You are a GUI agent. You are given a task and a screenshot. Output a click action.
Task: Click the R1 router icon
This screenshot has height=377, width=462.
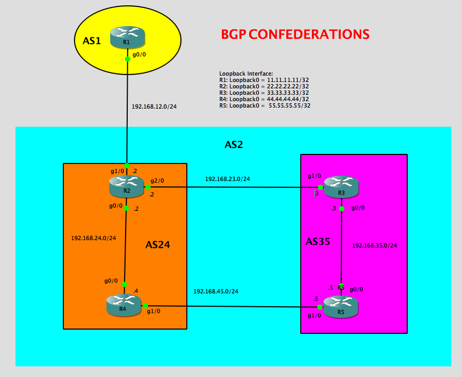click(x=127, y=37)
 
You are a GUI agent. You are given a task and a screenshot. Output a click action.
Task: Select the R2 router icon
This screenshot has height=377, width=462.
click(x=126, y=186)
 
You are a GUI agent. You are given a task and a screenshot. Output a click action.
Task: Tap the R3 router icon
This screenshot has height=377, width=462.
click(x=341, y=186)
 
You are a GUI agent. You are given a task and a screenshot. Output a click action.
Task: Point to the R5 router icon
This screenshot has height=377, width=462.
click(x=341, y=307)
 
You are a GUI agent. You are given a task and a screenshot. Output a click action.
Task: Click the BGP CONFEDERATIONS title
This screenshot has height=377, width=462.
click(x=295, y=35)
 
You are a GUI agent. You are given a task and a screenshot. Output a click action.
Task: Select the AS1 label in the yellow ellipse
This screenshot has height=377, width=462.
click(x=92, y=41)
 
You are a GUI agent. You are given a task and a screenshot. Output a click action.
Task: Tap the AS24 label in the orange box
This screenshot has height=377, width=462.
click(x=161, y=245)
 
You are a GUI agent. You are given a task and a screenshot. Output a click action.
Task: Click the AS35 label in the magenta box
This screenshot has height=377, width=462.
click(x=319, y=242)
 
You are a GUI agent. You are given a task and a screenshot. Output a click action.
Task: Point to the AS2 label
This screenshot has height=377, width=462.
click(x=234, y=144)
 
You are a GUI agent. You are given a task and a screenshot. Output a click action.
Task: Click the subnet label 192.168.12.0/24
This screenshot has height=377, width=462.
click(x=154, y=106)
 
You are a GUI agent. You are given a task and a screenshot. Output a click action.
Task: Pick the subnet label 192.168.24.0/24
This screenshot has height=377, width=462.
click(x=93, y=238)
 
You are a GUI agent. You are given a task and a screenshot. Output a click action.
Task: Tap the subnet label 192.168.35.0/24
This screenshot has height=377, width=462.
click(x=375, y=246)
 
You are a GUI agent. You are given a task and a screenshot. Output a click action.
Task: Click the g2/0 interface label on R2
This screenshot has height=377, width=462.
click(x=158, y=181)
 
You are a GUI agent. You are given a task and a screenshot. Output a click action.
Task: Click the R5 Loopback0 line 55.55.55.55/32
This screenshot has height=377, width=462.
click(x=265, y=105)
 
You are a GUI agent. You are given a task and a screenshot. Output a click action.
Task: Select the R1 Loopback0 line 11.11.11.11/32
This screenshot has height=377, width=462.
click(x=264, y=80)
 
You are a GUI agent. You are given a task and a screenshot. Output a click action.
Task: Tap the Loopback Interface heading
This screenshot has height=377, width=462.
click(x=246, y=73)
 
